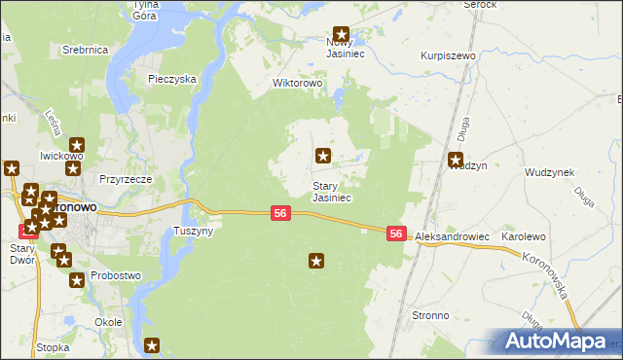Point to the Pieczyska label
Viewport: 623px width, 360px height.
pyautogui.click(x=173, y=79)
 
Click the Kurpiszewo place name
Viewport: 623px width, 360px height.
pyautogui.click(x=448, y=57)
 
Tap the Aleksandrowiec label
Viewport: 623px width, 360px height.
pyautogui.click(x=451, y=237)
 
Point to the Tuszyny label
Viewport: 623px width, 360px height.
pyautogui.click(x=192, y=232)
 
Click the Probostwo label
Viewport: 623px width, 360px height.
pyautogui.click(x=116, y=275)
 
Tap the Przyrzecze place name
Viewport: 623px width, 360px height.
pyautogui.click(x=126, y=179)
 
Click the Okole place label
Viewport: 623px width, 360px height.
pyautogui.click(x=108, y=322)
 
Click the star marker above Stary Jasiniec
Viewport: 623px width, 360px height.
pyautogui.click(x=323, y=155)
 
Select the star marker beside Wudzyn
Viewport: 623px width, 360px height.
pyautogui.click(x=456, y=161)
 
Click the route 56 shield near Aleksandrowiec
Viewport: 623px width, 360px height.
pyautogui.click(x=396, y=234)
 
